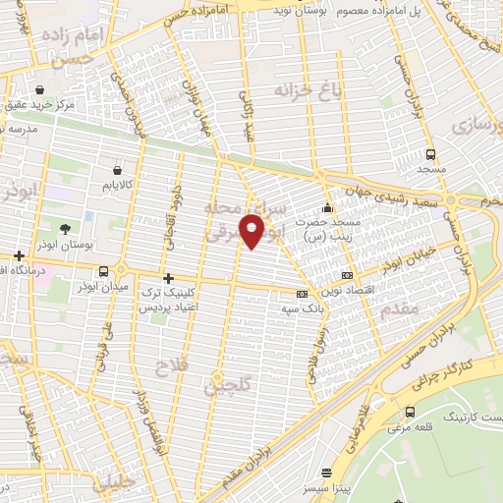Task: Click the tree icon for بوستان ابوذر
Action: point(65,228)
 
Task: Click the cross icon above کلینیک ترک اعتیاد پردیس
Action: point(168,278)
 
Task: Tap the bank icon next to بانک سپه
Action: point(302,294)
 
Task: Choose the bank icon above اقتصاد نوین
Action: point(345,276)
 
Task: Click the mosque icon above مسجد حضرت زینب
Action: point(327,208)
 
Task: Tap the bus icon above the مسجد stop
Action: point(430,154)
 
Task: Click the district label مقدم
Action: point(404,309)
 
